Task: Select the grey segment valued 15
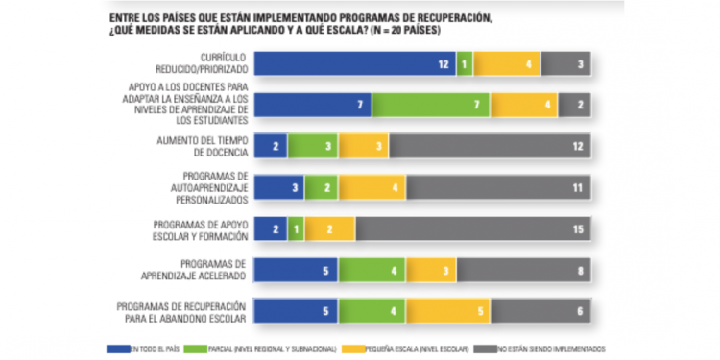(x=473, y=229)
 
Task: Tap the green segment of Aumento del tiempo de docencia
(x=313, y=147)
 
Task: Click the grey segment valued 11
(x=498, y=188)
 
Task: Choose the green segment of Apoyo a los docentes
(x=431, y=105)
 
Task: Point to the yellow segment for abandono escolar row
(x=448, y=312)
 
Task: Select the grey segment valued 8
(x=524, y=271)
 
